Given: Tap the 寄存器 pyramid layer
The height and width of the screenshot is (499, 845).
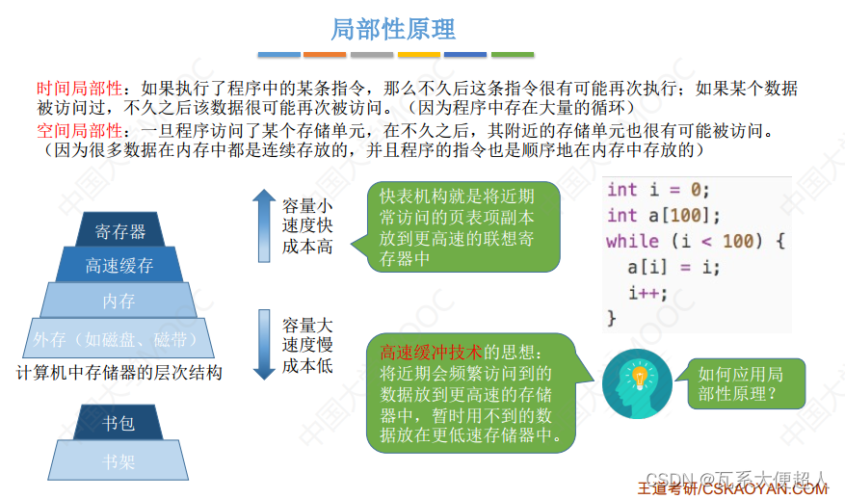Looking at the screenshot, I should click(x=120, y=231).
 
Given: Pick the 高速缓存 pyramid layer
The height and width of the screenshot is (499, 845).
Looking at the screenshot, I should click(x=119, y=265).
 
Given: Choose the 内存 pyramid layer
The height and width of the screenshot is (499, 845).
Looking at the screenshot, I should click(x=119, y=301).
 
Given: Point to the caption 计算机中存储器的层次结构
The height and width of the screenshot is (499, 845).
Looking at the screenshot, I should click(x=120, y=372).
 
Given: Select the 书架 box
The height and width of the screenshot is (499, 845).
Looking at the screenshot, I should click(x=119, y=461).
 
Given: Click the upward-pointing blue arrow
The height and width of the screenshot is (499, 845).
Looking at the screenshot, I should click(x=264, y=225).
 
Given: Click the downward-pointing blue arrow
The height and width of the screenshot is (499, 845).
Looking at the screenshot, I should click(x=264, y=344).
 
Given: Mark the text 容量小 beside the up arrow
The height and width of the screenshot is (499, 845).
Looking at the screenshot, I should click(x=307, y=205).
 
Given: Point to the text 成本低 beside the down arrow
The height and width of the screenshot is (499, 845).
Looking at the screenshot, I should click(x=307, y=366).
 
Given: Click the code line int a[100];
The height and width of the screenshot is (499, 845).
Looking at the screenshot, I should click(x=663, y=215).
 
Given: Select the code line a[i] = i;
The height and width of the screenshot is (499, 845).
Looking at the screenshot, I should click(x=673, y=267).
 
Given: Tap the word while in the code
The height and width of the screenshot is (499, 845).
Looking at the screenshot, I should click(x=632, y=241).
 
